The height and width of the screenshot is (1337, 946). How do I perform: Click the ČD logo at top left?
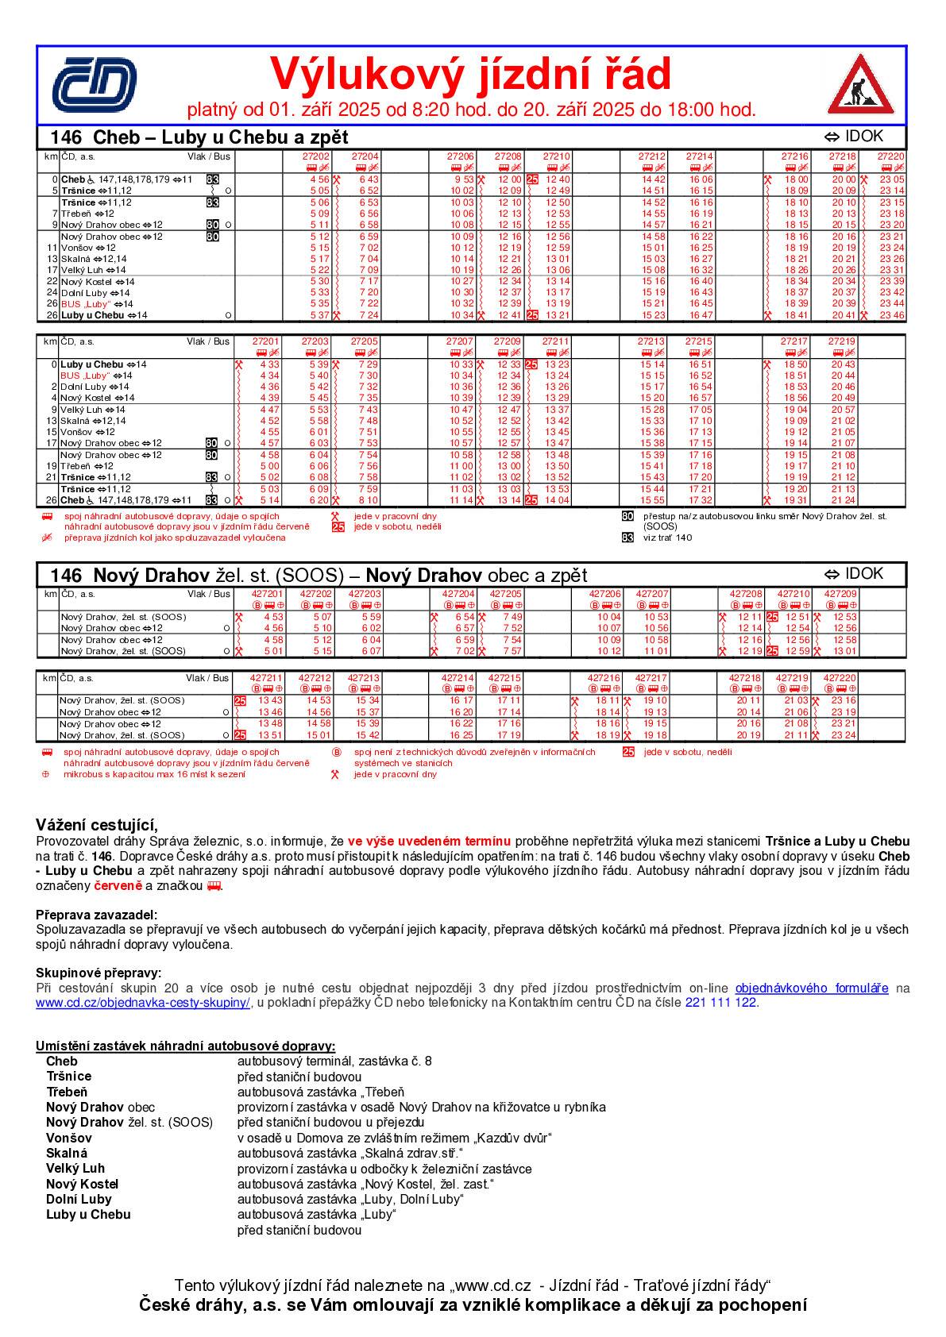coord(94,83)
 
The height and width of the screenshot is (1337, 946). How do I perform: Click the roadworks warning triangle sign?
coord(861,85)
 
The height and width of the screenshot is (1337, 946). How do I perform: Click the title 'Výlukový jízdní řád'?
coord(470,74)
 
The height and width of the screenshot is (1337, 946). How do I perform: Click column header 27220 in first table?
coord(890,156)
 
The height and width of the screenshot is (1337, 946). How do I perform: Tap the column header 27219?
coord(842,341)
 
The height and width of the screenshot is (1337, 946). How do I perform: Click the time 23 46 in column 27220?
coord(892,315)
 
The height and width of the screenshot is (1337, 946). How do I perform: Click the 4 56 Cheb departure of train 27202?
coord(319,179)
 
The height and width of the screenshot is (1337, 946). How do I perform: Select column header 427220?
coord(840,678)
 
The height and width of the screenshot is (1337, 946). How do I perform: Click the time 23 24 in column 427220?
coord(843,735)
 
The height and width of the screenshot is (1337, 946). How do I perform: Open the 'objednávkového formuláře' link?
coord(812,988)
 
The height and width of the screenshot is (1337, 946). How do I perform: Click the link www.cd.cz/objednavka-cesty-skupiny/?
coord(143,1002)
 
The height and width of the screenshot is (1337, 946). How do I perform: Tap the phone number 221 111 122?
coord(720,1002)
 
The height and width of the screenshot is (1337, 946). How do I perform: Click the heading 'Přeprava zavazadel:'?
coord(96,914)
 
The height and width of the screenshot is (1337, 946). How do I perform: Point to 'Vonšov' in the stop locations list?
coord(63,1138)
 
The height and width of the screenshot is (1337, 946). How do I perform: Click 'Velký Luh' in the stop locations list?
coord(75,1168)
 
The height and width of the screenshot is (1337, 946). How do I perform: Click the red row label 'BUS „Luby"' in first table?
coord(86,303)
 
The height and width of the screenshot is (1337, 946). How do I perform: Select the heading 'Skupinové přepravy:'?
coord(98,973)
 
